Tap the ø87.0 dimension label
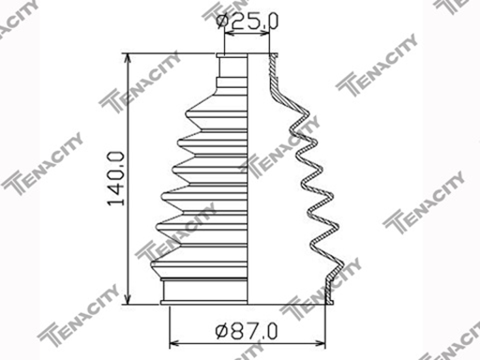(x=247, y=331)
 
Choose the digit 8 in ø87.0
(x=236, y=331)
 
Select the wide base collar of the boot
(x=206, y=292)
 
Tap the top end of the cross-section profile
(x=275, y=58)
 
